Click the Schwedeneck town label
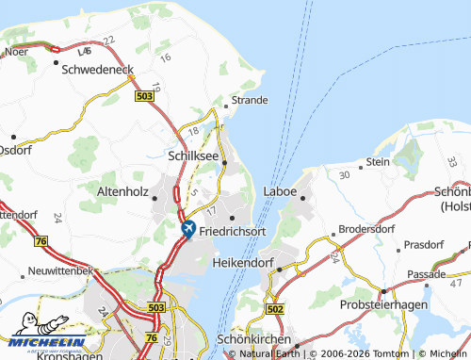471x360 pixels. (98, 69)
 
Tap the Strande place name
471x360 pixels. (249, 100)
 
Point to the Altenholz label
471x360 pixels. (124, 190)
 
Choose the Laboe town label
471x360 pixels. (280, 191)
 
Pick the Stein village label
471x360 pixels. (378, 161)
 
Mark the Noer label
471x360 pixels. (15, 54)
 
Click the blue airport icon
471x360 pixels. (187, 227)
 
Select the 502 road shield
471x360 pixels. (275, 308)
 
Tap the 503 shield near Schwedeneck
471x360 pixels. (144, 96)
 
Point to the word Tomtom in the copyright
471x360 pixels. (391, 354)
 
